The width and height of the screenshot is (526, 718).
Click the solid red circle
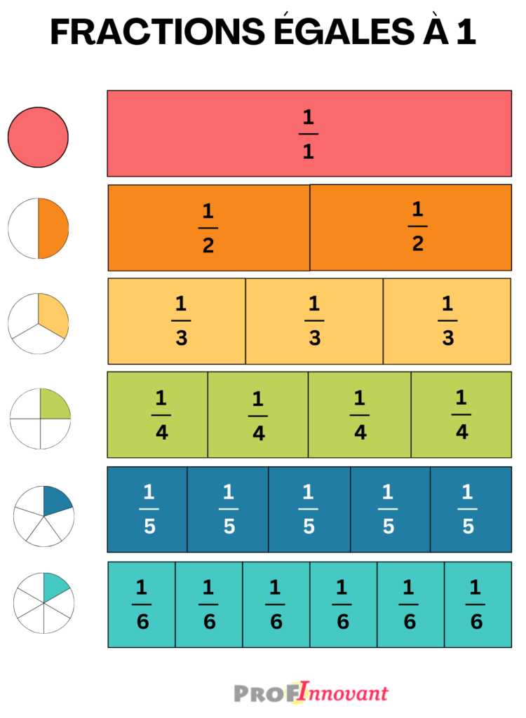(38, 137)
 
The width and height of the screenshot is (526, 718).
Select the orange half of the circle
(53, 229)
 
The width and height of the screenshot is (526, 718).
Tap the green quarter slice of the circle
(54, 405)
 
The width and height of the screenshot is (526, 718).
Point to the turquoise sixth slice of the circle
(55, 586)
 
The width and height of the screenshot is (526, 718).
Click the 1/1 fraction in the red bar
(309, 134)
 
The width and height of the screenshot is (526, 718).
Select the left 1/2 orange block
(209, 228)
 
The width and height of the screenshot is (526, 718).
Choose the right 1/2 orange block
(410, 228)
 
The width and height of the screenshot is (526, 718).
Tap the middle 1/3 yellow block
(314, 321)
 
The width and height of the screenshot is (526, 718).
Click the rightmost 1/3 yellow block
(447, 321)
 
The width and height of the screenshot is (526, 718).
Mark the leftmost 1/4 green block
(158, 415)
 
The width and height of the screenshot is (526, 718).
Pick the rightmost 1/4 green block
(461, 415)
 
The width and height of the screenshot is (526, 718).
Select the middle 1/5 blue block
(309, 510)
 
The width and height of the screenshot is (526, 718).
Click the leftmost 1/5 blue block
(147, 510)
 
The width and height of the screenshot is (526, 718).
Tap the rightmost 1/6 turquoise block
(478, 604)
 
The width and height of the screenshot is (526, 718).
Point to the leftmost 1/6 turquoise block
(142, 604)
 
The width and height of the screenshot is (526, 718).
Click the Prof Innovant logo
(311, 692)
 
